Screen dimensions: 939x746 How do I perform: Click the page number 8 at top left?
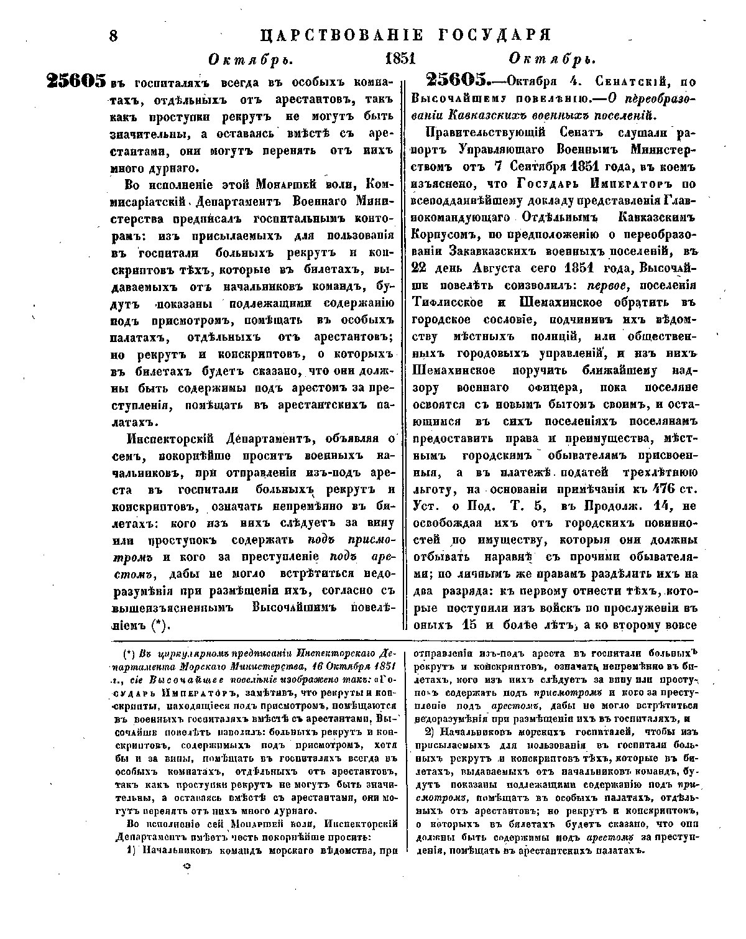pos(113,35)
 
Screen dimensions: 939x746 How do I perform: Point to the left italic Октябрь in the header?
pos(251,60)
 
